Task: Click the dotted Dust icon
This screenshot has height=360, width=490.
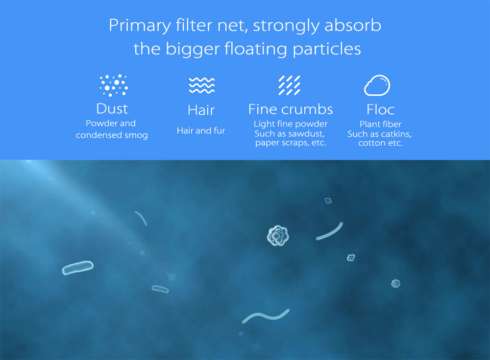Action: pyautogui.click(x=114, y=85)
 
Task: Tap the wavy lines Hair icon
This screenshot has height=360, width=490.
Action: pyautogui.click(x=202, y=85)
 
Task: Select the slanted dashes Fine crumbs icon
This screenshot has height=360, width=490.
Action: pyautogui.click(x=290, y=85)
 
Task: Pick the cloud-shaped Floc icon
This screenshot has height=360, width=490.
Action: pyautogui.click(x=377, y=85)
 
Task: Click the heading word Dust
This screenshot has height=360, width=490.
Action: pyautogui.click(x=112, y=109)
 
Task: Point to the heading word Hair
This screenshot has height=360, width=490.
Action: pyautogui.click(x=201, y=110)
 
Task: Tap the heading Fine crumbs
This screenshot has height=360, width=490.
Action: pyautogui.click(x=291, y=109)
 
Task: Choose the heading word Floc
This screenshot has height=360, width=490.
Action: pyautogui.click(x=381, y=110)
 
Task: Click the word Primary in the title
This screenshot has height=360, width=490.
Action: pyautogui.click(x=140, y=26)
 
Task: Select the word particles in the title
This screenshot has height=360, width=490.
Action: pyautogui.click(x=327, y=49)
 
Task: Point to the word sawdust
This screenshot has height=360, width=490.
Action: pyautogui.click(x=307, y=134)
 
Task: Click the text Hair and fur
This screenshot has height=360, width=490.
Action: pyautogui.click(x=201, y=130)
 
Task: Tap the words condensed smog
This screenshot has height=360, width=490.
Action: pyautogui.click(x=112, y=135)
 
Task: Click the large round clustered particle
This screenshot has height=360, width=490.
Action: pyautogui.click(x=278, y=235)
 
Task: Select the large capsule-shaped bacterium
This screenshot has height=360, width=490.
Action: pyautogui.click(x=78, y=268)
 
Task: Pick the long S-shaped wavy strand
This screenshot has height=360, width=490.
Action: pyautogui.click(x=266, y=316)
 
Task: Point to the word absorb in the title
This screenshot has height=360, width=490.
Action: pyautogui.click(x=353, y=25)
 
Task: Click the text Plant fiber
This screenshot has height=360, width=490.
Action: pyautogui.click(x=381, y=124)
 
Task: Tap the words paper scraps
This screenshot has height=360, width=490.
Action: pyautogui.click(x=282, y=143)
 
